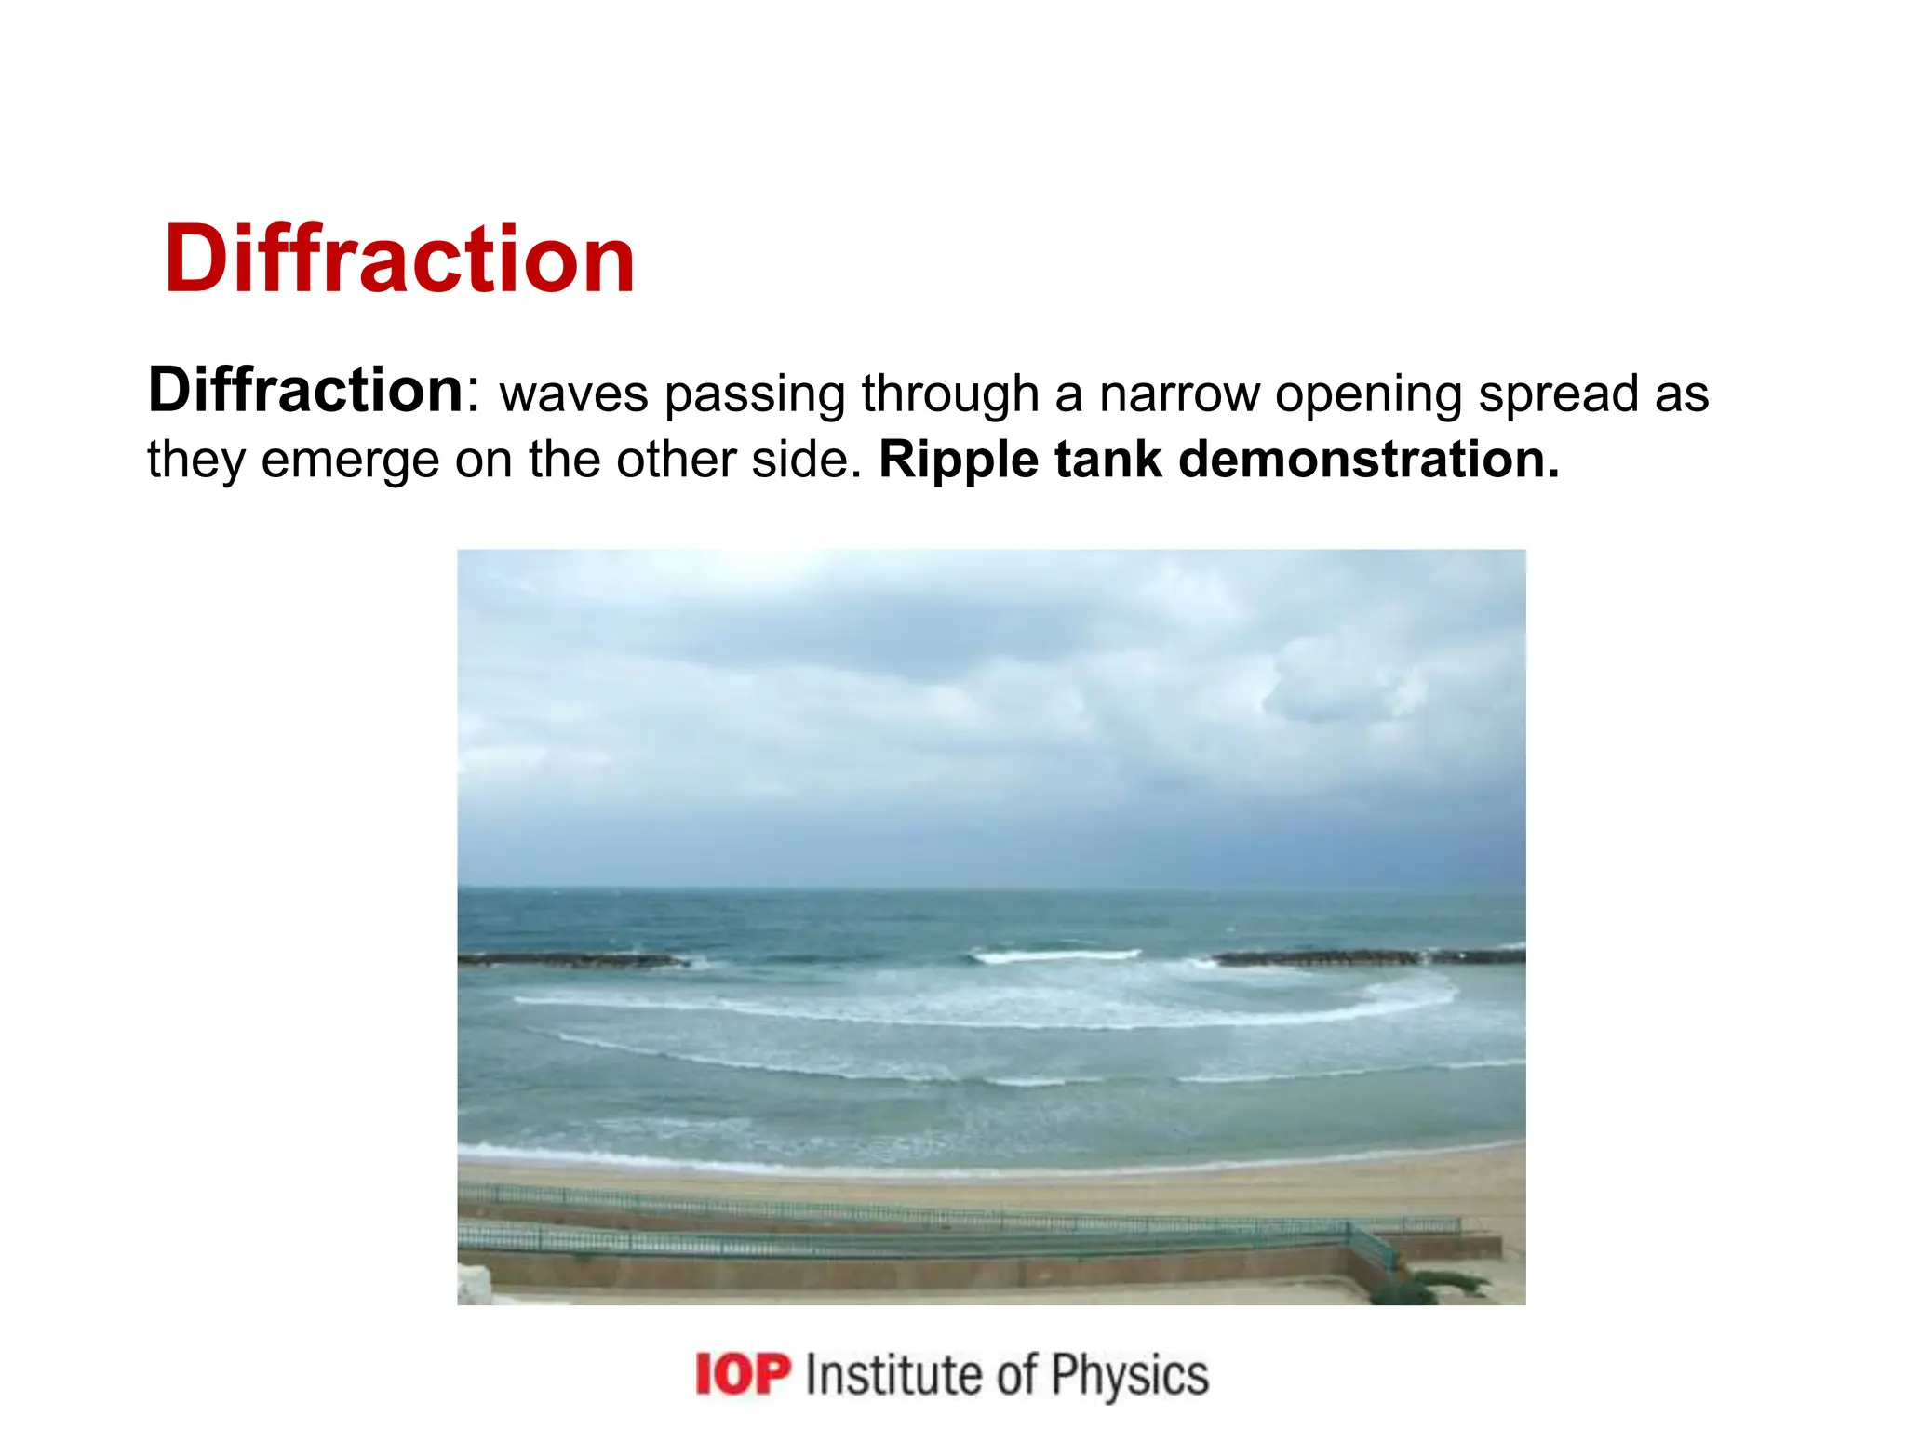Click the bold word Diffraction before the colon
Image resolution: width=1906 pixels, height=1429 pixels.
[305, 391]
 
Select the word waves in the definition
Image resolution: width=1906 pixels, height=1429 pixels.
[573, 394]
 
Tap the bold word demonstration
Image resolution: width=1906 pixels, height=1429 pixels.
[1368, 460]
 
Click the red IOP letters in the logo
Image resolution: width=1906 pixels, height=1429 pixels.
[744, 1375]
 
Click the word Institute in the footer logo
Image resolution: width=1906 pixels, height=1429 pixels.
[893, 1375]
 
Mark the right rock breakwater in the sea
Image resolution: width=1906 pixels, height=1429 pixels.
[1368, 956]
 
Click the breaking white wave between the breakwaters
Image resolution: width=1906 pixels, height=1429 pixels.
[1056, 955]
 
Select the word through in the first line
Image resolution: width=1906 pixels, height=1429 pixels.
[949, 394]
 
